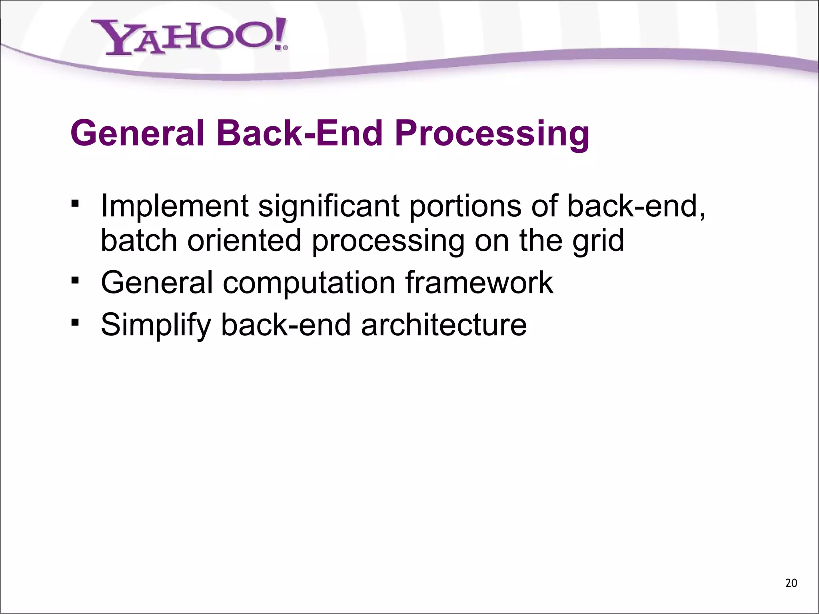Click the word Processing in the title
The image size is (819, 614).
(492, 134)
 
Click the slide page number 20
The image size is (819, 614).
(791, 583)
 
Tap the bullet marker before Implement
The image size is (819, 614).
(75, 203)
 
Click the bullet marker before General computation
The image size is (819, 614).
(75, 281)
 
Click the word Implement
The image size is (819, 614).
(175, 206)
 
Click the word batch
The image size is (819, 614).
(139, 241)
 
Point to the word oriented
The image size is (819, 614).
(244, 241)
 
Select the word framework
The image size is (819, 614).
(479, 282)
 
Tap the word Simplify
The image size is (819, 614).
(156, 325)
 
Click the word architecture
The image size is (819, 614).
(443, 325)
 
